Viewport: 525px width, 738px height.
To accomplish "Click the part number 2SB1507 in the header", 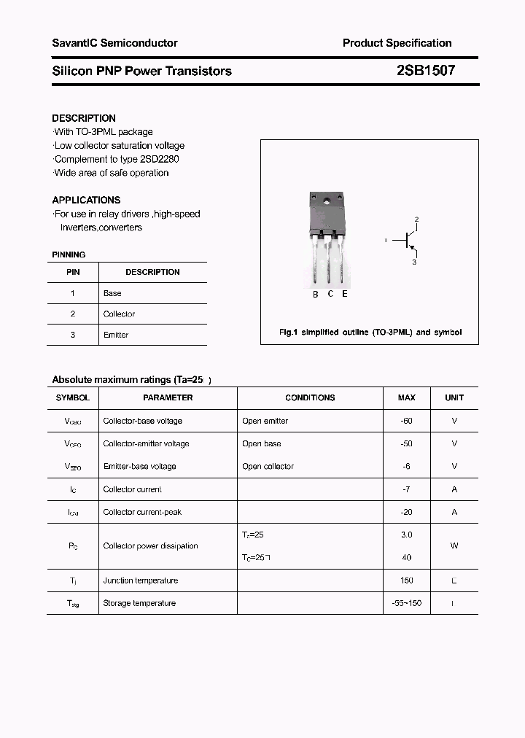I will click(426, 71).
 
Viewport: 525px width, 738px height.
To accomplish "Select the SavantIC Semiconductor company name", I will click(114, 43).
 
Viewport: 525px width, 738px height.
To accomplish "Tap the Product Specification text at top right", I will click(397, 43).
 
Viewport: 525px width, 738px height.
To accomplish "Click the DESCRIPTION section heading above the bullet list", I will click(84, 118).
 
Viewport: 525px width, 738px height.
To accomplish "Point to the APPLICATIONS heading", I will click(86, 200).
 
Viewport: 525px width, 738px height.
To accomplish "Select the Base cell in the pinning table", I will click(112, 293).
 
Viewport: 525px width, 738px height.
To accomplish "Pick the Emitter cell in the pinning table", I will click(116, 335).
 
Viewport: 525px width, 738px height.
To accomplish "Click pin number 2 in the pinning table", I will click(73, 314).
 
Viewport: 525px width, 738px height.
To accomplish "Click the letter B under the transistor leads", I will click(316, 294).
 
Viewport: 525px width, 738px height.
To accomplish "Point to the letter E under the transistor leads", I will click(344, 294).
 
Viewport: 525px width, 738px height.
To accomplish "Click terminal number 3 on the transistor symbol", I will click(414, 262).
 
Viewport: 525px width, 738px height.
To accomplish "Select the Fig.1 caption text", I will click(370, 332).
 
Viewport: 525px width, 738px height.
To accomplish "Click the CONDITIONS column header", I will click(310, 397).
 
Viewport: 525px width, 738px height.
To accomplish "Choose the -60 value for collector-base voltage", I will click(406, 421).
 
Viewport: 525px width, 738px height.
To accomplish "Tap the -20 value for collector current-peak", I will click(406, 512).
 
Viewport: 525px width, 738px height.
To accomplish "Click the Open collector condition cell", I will click(268, 466).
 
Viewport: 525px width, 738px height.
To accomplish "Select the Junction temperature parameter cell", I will click(141, 580).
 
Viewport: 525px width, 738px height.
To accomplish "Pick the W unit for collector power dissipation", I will click(454, 545).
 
